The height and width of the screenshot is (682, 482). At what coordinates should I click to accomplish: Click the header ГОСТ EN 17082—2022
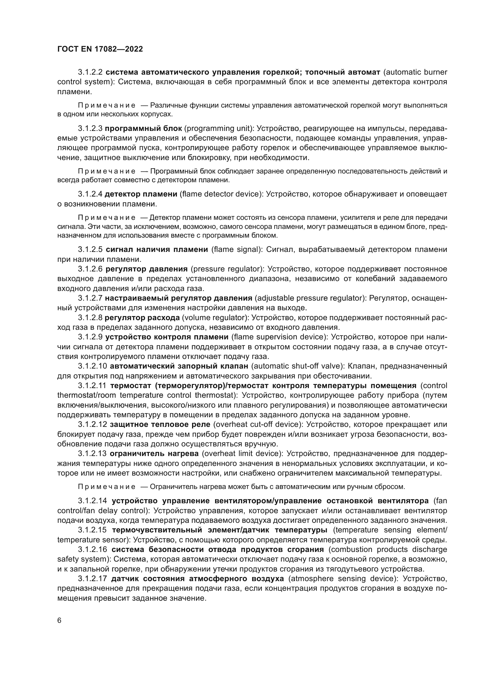click(x=100, y=49)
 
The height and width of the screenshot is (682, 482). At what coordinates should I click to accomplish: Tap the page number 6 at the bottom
click(x=59, y=620)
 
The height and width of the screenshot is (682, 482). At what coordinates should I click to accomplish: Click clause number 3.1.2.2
click(x=90, y=72)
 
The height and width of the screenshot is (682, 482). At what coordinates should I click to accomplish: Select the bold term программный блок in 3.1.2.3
click(x=143, y=129)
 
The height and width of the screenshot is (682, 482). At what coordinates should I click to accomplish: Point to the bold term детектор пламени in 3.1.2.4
click(x=141, y=194)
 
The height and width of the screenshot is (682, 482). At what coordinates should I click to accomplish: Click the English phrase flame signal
click(x=237, y=250)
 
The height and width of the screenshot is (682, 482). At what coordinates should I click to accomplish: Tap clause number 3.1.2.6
click(x=90, y=269)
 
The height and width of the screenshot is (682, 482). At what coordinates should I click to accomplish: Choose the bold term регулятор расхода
click(x=142, y=318)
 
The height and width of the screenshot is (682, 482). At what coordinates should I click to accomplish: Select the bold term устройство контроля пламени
click(x=167, y=337)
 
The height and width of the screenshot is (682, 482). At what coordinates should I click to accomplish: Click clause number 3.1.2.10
click(x=92, y=366)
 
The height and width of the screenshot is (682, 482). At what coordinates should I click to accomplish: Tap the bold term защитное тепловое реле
click(x=160, y=425)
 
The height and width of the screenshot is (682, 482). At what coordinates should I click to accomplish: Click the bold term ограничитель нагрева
click(x=154, y=454)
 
